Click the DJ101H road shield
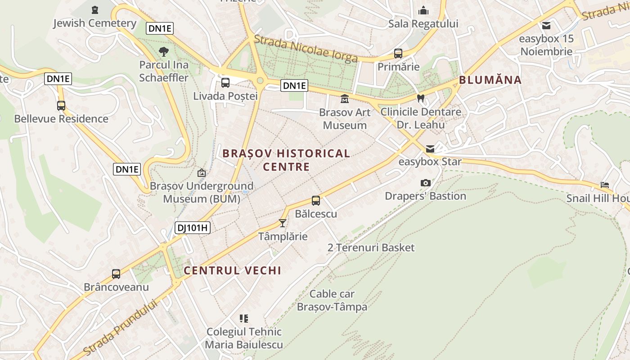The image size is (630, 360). (192, 228)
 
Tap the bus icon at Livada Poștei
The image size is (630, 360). (225, 83)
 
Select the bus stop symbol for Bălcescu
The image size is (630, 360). (316, 201)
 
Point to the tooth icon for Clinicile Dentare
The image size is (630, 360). (421, 98)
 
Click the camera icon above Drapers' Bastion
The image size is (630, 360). (425, 183)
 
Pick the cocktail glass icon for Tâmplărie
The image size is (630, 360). (283, 223)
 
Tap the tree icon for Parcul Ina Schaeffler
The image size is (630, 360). (163, 51)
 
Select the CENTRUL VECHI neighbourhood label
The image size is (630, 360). (232, 270)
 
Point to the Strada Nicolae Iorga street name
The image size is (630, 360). (306, 48)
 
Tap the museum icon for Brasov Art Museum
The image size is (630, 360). (345, 99)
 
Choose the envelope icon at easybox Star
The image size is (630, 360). (430, 148)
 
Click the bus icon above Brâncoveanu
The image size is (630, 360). (116, 274)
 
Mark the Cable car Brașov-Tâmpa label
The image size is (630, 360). (332, 301)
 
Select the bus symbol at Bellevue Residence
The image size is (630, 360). (61, 106)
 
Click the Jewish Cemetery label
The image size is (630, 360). (94, 23)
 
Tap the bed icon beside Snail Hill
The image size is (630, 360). (605, 185)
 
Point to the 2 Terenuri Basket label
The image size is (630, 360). (371, 247)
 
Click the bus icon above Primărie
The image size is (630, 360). (398, 54)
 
